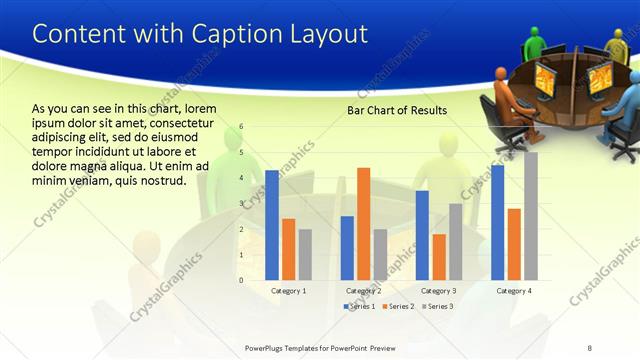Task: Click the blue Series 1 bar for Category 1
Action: tap(272, 225)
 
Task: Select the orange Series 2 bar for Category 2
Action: tap(363, 223)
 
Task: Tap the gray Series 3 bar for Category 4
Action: tap(531, 216)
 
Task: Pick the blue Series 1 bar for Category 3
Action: tap(422, 235)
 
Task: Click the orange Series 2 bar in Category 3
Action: tap(439, 257)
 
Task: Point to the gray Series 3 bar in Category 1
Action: tap(305, 254)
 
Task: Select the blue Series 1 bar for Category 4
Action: tap(498, 222)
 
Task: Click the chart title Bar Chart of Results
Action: tap(397, 110)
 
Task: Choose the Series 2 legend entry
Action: tap(400, 306)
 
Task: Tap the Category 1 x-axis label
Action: tap(289, 290)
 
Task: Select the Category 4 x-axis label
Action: tap(515, 290)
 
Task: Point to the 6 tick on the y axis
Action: tap(241, 127)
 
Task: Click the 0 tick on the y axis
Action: tap(241, 280)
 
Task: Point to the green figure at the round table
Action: tap(535, 43)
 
